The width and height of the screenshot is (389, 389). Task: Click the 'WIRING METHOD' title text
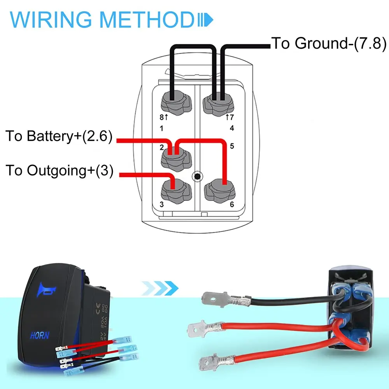point(101,19)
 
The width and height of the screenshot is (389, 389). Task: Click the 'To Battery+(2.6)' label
point(59,137)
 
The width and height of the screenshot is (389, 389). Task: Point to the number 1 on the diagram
point(162,128)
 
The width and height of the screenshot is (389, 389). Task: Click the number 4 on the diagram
point(232,128)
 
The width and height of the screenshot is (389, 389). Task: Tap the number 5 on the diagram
point(232,147)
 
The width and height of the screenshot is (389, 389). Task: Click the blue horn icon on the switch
point(47,290)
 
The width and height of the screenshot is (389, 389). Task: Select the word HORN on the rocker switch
point(40,335)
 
